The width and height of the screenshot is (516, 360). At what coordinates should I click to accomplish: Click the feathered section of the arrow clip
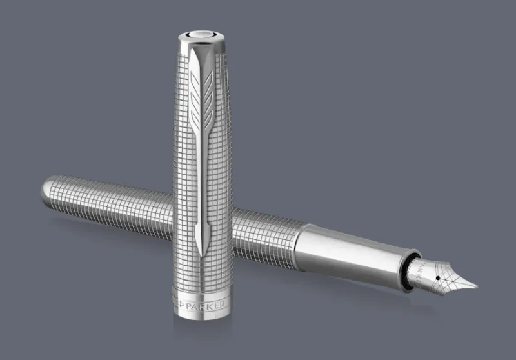(201, 99)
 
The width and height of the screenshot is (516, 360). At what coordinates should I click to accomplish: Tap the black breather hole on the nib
(438, 278)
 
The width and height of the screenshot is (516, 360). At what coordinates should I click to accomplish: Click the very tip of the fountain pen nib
(477, 286)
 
